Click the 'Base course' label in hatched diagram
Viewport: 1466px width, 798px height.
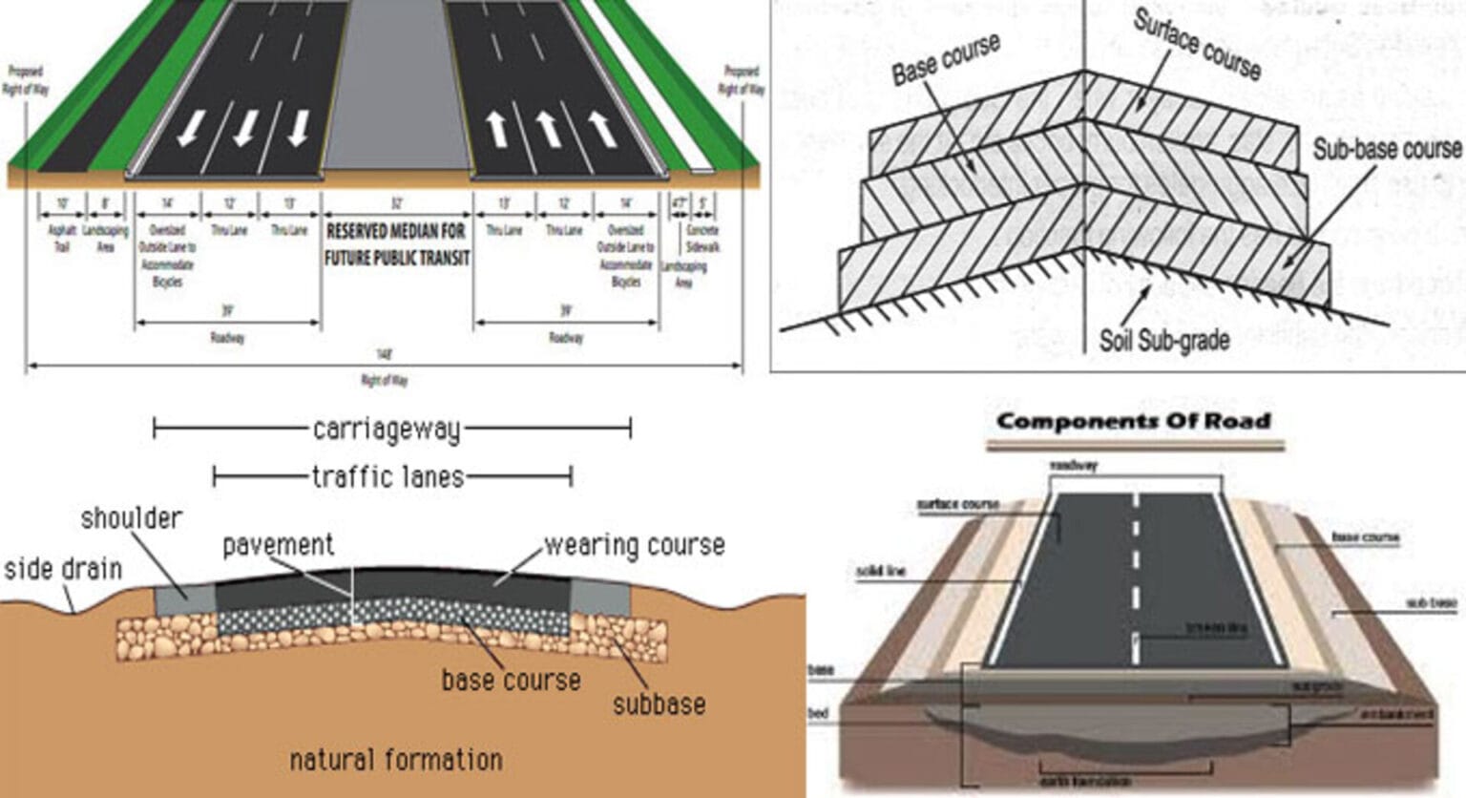click(945, 60)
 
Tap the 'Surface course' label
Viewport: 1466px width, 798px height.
click(1197, 45)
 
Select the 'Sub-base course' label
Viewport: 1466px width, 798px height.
click(1386, 149)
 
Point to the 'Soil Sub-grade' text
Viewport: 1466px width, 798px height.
click(1163, 340)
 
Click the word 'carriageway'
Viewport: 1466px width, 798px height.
click(387, 430)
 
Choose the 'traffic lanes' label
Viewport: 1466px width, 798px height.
click(387, 476)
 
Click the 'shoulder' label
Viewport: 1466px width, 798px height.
click(131, 518)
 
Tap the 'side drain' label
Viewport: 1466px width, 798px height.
click(63, 569)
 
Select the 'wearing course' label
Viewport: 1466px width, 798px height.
click(634, 545)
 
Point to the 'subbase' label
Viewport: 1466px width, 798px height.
click(659, 704)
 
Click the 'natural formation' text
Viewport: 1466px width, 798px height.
click(395, 760)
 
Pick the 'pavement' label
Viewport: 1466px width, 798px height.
click(278, 545)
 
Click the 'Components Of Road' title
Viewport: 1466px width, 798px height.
click(1133, 421)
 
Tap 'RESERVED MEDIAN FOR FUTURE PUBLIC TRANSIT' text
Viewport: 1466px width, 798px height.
click(397, 244)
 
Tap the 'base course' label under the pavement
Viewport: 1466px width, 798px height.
click(511, 680)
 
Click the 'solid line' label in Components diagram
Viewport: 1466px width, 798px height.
click(880, 571)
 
